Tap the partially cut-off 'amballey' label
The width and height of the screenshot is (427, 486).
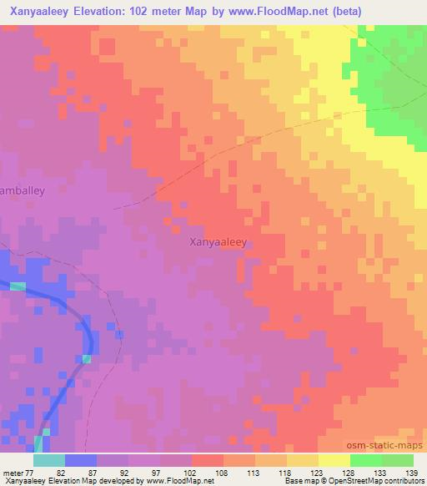[x=23, y=190]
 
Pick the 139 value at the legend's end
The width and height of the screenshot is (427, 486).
[x=411, y=472]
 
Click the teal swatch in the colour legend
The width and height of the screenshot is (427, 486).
[x=49, y=460]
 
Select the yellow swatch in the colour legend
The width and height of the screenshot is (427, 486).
[x=334, y=460]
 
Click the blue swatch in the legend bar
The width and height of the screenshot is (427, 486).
[x=81, y=460]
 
